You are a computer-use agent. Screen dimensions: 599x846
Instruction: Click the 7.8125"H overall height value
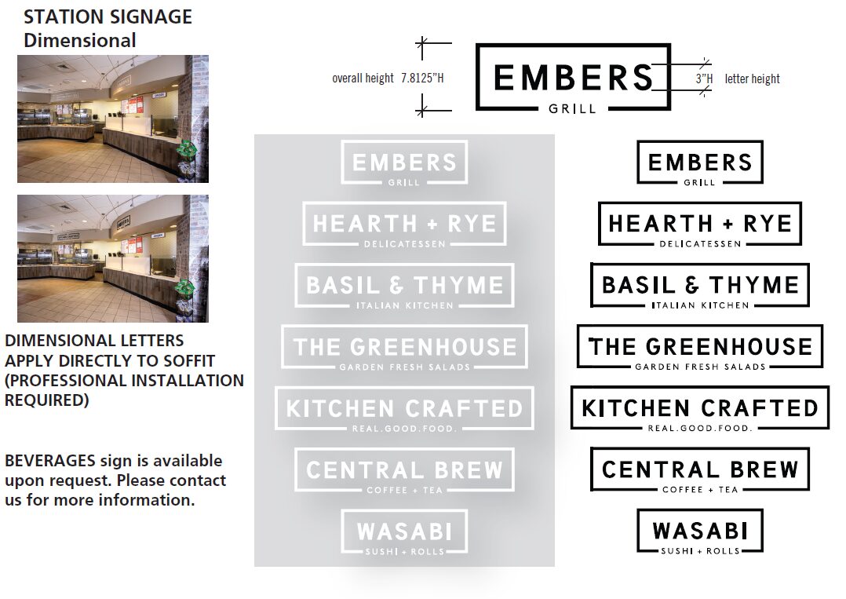pyautogui.click(x=422, y=79)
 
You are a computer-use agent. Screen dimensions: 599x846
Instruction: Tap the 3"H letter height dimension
pyautogui.click(x=704, y=79)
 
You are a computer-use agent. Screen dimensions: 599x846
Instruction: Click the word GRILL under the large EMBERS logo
pyautogui.click(x=572, y=109)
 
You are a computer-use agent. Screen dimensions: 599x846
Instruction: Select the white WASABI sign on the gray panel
pyautogui.click(x=404, y=531)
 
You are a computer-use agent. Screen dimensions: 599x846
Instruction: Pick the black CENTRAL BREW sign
pyautogui.click(x=699, y=469)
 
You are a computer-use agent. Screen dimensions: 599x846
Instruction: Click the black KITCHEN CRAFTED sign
pyautogui.click(x=699, y=407)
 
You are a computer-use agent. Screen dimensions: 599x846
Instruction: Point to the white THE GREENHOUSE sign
pyautogui.click(x=404, y=346)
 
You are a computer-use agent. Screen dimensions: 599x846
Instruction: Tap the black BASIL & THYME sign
pyautogui.click(x=699, y=285)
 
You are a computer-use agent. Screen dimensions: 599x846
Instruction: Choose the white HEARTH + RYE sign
pyautogui.click(x=404, y=224)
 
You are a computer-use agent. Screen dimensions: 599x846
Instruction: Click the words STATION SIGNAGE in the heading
pyautogui.click(x=108, y=17)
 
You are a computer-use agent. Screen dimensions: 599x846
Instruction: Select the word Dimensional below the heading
pyautogui.click(x=79, y=41)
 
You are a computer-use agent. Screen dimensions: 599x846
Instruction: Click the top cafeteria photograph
pyautogui.click(x=113, y=119)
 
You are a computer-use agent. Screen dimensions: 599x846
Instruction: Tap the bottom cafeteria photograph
pyautogui.click(x=113, y=258)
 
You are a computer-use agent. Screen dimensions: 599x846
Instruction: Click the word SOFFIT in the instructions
pyautogui.click(x=188, y=361)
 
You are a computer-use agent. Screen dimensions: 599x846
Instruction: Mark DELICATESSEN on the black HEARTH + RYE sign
pyautogui.click(x=699, y=244)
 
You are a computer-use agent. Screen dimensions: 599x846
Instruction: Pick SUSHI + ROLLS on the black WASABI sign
pyautogui.click(x=699, y=551)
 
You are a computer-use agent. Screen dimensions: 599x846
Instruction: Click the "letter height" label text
pyautogui.click(x=752, y=79)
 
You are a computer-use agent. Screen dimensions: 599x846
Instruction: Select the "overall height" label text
pyautogui.click(x=363, y=79)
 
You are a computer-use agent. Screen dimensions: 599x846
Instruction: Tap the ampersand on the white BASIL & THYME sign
pyautogui.click(x=400, y=285)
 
